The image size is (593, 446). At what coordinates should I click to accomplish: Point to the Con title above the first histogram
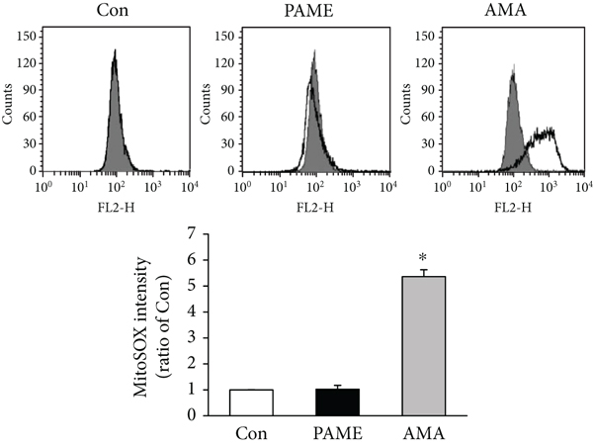pyautogui.click(x=116, y=13)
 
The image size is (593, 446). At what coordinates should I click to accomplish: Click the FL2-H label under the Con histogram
pyautogui.click(x=116, y=209)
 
